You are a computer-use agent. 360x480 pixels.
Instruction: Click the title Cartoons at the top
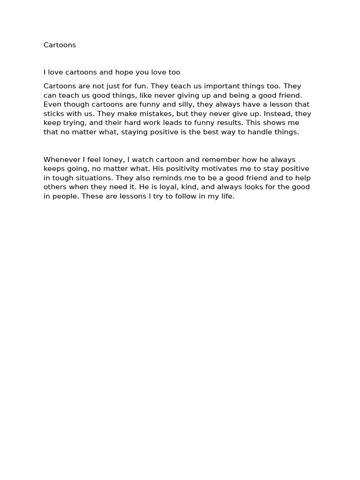click(60, 45)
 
